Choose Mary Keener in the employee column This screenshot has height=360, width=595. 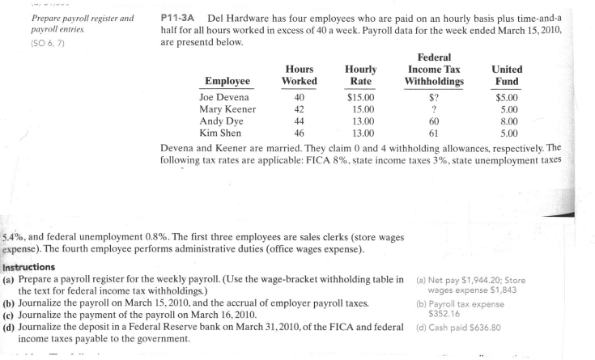(227, 109)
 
